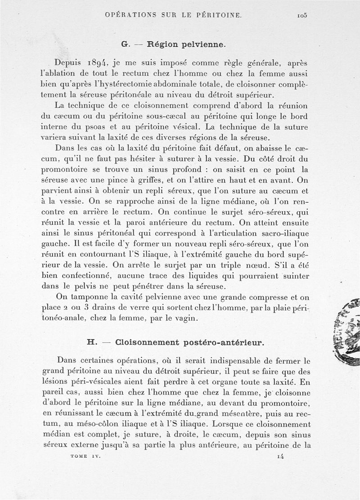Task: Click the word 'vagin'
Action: tap(185, 318)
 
